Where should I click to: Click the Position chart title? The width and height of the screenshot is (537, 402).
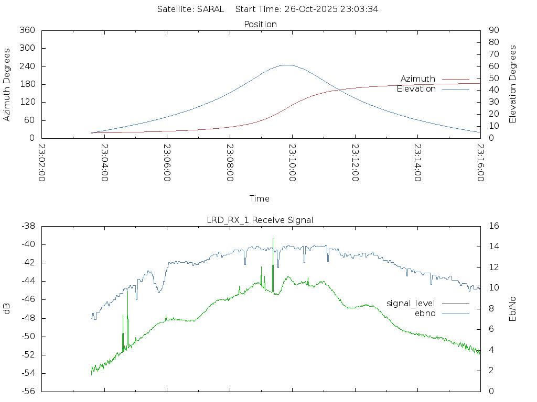click(x=260, y=24)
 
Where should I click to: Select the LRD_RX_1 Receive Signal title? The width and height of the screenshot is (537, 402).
click(x=260, y=220)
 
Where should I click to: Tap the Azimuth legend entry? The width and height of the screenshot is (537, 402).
click(x=418, y=79)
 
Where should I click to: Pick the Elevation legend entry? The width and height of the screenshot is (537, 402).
click(x=416, y=89)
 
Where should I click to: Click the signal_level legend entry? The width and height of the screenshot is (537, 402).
click(x=411, y=303)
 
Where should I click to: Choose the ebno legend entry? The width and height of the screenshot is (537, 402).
click(x=425, y=313)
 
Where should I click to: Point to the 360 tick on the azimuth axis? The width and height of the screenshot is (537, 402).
click(x=27, y=30)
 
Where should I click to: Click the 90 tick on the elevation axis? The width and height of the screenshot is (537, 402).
click(x=493, y=30)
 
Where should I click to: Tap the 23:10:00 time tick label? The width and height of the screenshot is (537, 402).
click(x=292, y=163)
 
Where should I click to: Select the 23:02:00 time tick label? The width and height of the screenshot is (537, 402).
click(x=41, y=163)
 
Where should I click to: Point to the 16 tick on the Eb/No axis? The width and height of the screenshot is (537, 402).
click(x=493, y=226)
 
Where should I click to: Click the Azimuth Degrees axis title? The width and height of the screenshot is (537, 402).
click(x=7, y=84)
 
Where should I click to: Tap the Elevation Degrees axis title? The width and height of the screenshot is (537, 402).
click(x=513, y=84)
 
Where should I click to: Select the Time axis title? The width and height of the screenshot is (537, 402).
click(x=260, y=198)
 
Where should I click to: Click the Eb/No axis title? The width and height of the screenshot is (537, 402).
click(x=513, y=308)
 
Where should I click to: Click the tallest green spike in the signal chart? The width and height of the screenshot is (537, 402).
click(x=273, y=239)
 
